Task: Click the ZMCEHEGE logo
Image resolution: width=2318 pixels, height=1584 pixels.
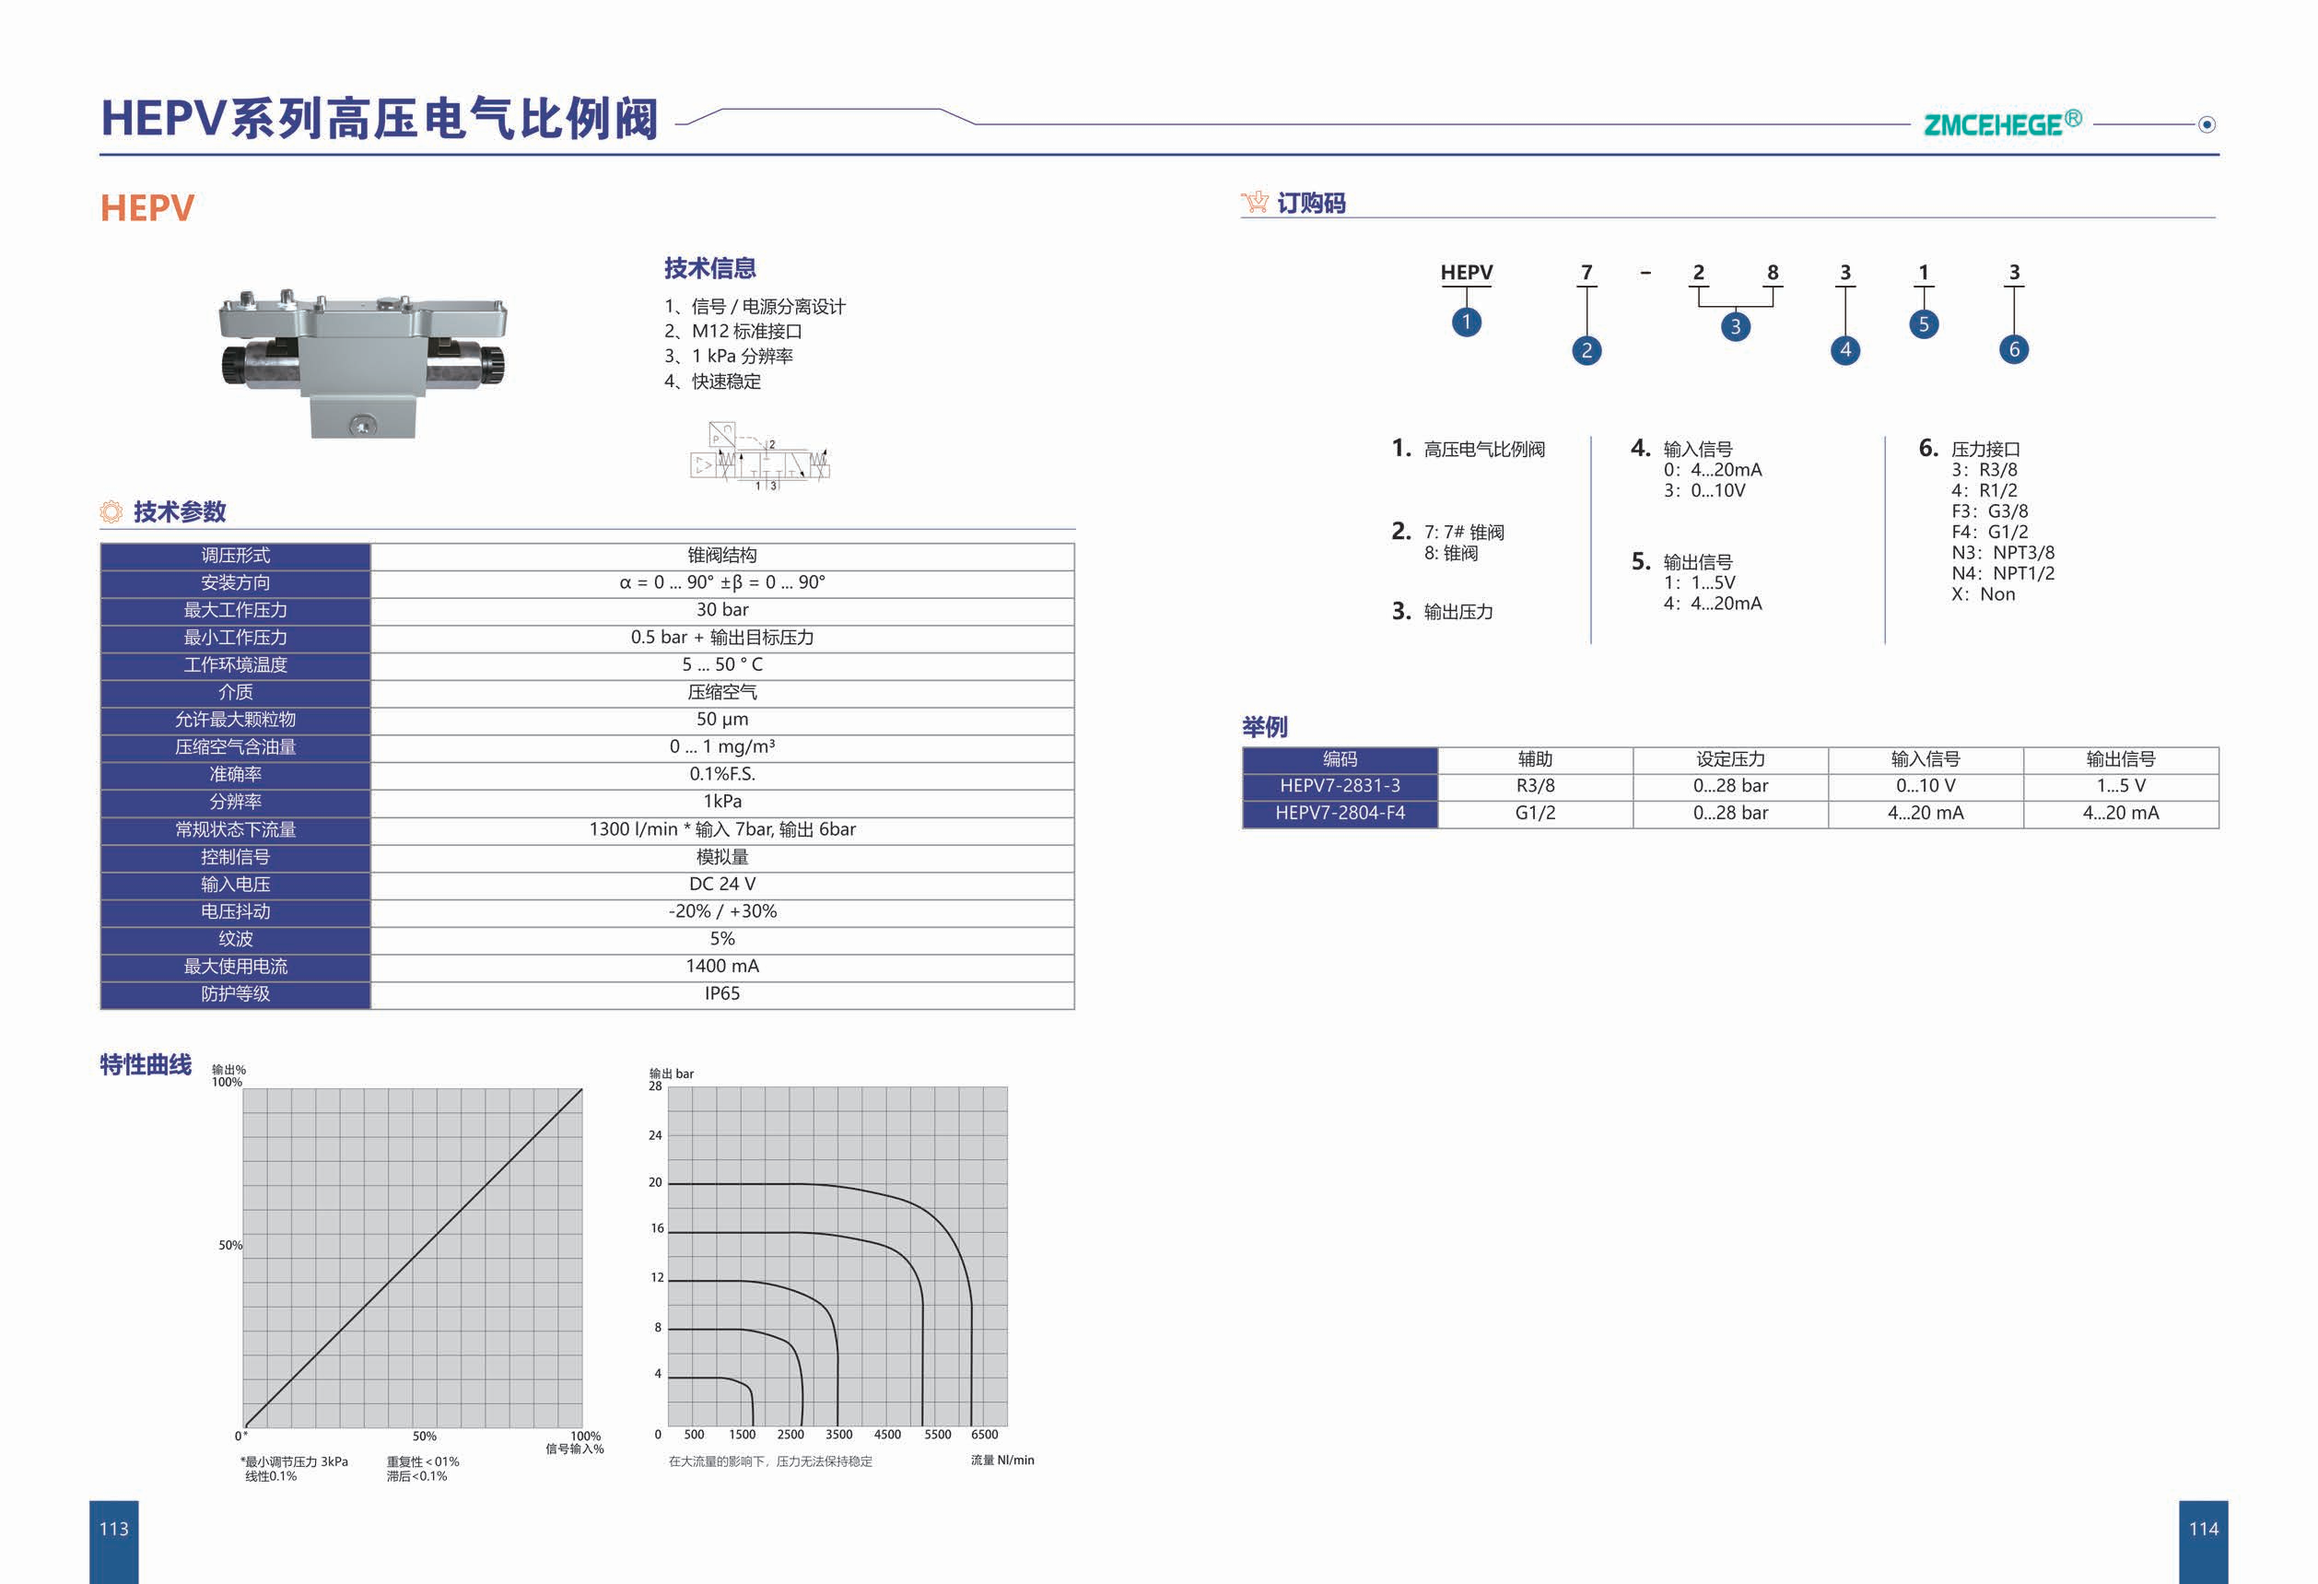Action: pyautogui.click(x=2001, y=123)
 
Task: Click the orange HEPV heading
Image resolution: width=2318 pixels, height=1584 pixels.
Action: pyautogui.click(x=146, y=208)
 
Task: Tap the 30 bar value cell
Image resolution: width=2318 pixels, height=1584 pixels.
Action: pyautogui.click(x=721, y=609)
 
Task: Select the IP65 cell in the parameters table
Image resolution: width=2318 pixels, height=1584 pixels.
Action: pyautogui.click(x=721, y=993)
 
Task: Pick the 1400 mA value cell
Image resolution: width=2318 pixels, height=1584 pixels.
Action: pyautogui.click(x=721, y=966)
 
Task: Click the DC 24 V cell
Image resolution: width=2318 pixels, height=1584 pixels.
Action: pyautogui.click(x=721, y=884)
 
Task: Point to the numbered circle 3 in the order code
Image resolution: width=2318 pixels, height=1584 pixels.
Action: pyautogui.click(x=1736, y=326)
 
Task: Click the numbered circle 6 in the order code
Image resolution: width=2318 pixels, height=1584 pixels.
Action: pyautogui.click(x=2014, y=349)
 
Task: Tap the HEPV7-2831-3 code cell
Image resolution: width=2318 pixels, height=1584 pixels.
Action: pyautogui.click(x=1340, y=786)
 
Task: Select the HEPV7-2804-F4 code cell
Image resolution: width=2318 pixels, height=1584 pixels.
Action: pyautogui.click(x=1340, y=813)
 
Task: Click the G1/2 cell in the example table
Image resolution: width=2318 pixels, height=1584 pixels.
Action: pyautogui.click(x=1534, y=813)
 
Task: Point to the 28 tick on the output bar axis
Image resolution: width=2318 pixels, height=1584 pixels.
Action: pyautogui.click(x=655, y=1086)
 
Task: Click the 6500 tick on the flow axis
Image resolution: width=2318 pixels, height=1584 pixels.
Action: pyautogui.click(x=985, y=1435)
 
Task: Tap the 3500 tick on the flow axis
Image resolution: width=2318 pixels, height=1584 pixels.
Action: pyautogui.click(x=838, y=1435)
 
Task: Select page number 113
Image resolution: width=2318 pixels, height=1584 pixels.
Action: pyautogui.click(x=113, y=1528)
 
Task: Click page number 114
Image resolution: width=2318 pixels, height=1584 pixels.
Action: pyautogui.click(x=2203, y=1528)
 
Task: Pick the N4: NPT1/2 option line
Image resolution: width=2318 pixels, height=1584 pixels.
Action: pyautogui.click(x=2002, y=573)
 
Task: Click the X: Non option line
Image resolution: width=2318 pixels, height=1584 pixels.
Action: pyautogui.click(x=1983, y=594)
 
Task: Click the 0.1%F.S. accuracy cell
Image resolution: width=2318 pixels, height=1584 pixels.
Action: pyautogui.click(x=721, y=774)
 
